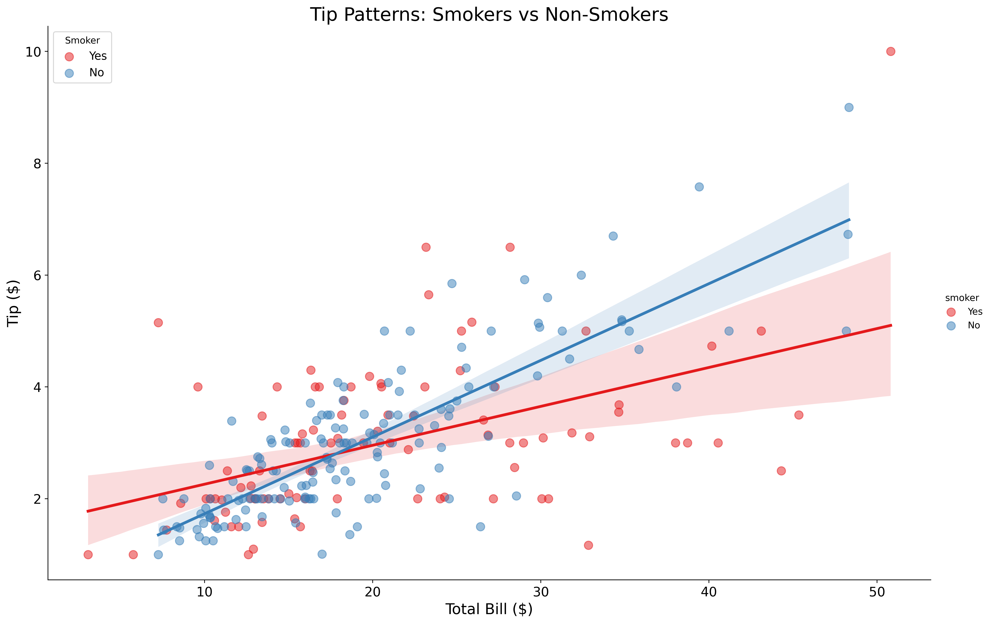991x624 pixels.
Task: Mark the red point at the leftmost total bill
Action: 88,554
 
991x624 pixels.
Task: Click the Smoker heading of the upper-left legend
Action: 82,40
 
